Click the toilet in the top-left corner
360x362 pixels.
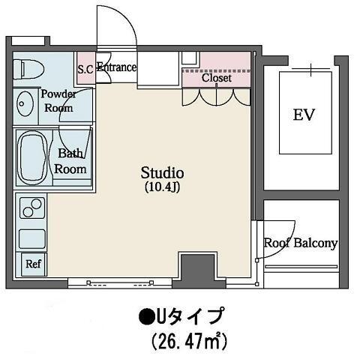[x=28, y=69]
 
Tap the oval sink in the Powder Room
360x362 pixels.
[x=25, y=103]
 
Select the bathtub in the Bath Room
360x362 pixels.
[x=34, y=158]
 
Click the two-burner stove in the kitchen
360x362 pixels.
[x=32, y=208]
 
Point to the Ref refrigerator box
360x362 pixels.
[x=34, y=265]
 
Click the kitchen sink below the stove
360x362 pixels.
[x=32, y=239]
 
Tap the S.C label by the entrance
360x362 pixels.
[x=85, y=70]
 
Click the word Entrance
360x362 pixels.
[x=117, y=67]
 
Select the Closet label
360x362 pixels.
[x=217, y=78]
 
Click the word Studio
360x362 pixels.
[x=163, y=173]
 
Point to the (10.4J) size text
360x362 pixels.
[x=163, y=187]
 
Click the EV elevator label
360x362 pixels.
[x=304, y=115]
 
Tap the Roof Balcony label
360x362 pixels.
[x=301, y=244]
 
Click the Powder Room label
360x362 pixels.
[x=58, y=101]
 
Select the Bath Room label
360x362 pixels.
[x=70, y=161]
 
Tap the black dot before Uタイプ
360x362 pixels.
[x=145, y=316]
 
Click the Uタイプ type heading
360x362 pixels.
[x=189, y=316]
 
